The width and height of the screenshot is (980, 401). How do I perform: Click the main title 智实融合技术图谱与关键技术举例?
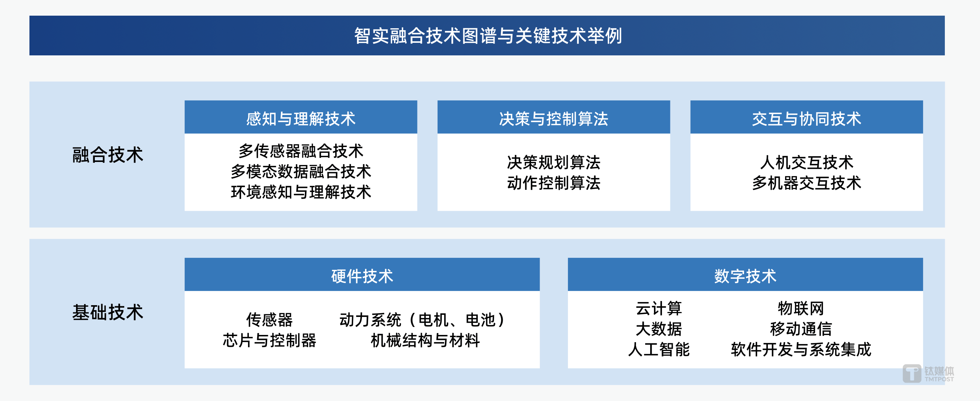tap(488, 36)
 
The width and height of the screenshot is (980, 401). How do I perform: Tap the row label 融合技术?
tap(107, 155)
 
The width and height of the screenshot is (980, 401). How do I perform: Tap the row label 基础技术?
tap(107, 312)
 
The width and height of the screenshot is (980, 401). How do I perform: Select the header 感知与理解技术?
tap(301, 118)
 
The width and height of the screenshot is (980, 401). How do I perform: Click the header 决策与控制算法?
tap(553, 118)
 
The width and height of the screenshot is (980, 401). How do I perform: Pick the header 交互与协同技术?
tap(806, 118)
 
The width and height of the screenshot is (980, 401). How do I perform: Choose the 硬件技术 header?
tap(362, 276)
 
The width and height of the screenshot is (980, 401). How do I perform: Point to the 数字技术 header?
tap(745, 276)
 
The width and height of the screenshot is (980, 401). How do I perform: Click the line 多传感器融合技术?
tap(301, 151)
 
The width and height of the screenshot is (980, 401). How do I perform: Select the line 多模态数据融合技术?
tap(301, 171)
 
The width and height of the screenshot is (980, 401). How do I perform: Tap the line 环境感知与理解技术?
tap(301, 192)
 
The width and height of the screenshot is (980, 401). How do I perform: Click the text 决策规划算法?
tap(553, 162)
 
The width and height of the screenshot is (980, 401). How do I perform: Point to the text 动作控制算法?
tap(553, 183)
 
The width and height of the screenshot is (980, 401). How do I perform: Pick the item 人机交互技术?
tap(806, 162)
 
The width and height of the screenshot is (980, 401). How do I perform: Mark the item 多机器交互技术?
tap(806, 183)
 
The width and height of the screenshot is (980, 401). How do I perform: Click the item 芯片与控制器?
tap(269, 340)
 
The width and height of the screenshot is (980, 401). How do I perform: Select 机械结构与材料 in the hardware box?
tap(425, 340)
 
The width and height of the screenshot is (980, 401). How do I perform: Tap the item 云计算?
tap(659, 308)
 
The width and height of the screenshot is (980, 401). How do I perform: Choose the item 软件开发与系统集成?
tap(801, 349)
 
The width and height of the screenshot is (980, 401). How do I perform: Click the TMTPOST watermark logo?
tap(928, 374)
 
